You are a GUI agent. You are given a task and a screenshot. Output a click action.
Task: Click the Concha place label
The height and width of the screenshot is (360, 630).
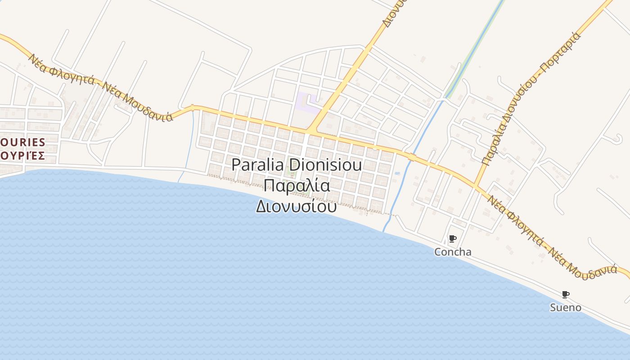pos(453,252)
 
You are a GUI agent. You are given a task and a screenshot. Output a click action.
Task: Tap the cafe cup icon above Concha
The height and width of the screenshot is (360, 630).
pos(452,238)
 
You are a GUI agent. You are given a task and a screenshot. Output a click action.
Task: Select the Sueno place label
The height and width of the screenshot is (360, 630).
pos(565,308)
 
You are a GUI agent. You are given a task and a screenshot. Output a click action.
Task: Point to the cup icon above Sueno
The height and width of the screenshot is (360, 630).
pos(565,294)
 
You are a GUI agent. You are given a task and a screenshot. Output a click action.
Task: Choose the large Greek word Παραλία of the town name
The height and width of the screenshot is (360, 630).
pos(297,185)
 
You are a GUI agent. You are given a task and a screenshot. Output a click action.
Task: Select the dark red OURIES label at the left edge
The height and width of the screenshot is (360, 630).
pos(22,143)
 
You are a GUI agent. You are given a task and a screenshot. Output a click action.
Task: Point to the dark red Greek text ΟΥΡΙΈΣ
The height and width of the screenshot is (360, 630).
pos(22,156)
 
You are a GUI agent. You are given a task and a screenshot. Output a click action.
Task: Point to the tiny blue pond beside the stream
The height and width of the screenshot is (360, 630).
pos(397,173)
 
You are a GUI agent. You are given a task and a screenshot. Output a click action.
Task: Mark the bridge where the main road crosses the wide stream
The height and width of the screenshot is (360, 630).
pos(411,157)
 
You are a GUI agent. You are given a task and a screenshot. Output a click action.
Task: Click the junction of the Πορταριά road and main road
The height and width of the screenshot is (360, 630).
pos(476,185)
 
